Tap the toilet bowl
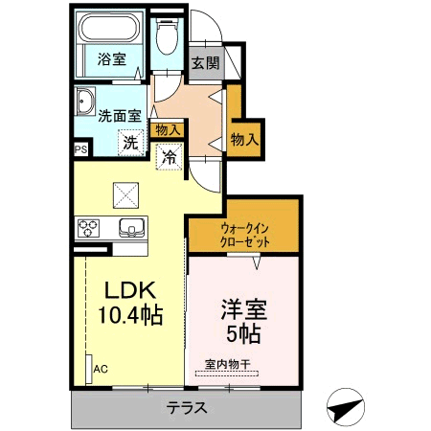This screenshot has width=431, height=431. (167, 36)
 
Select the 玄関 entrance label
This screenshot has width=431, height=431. (206, 63)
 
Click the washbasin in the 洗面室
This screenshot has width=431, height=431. (84, 102)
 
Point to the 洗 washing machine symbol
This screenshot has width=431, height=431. (131, 143)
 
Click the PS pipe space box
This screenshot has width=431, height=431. (81, 149)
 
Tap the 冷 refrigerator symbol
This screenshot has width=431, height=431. (169, 157)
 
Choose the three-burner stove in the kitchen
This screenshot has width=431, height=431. (88, 228)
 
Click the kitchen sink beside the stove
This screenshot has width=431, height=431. (131, 228)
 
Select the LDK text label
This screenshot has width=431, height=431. (130, 290)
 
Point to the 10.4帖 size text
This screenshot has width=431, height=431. (130, 315)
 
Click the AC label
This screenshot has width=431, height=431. (101, 370)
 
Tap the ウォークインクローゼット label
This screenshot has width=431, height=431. (245, 236)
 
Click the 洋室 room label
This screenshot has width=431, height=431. (244, 309)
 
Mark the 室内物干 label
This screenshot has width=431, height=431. (227, 364)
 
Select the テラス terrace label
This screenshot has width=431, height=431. (187, 408)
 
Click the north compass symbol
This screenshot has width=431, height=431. (346, 407)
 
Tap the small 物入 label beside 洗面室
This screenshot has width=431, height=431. (167, 130)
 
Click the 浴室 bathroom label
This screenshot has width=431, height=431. (112, 59)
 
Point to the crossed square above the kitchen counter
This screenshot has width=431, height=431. (125, 195)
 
